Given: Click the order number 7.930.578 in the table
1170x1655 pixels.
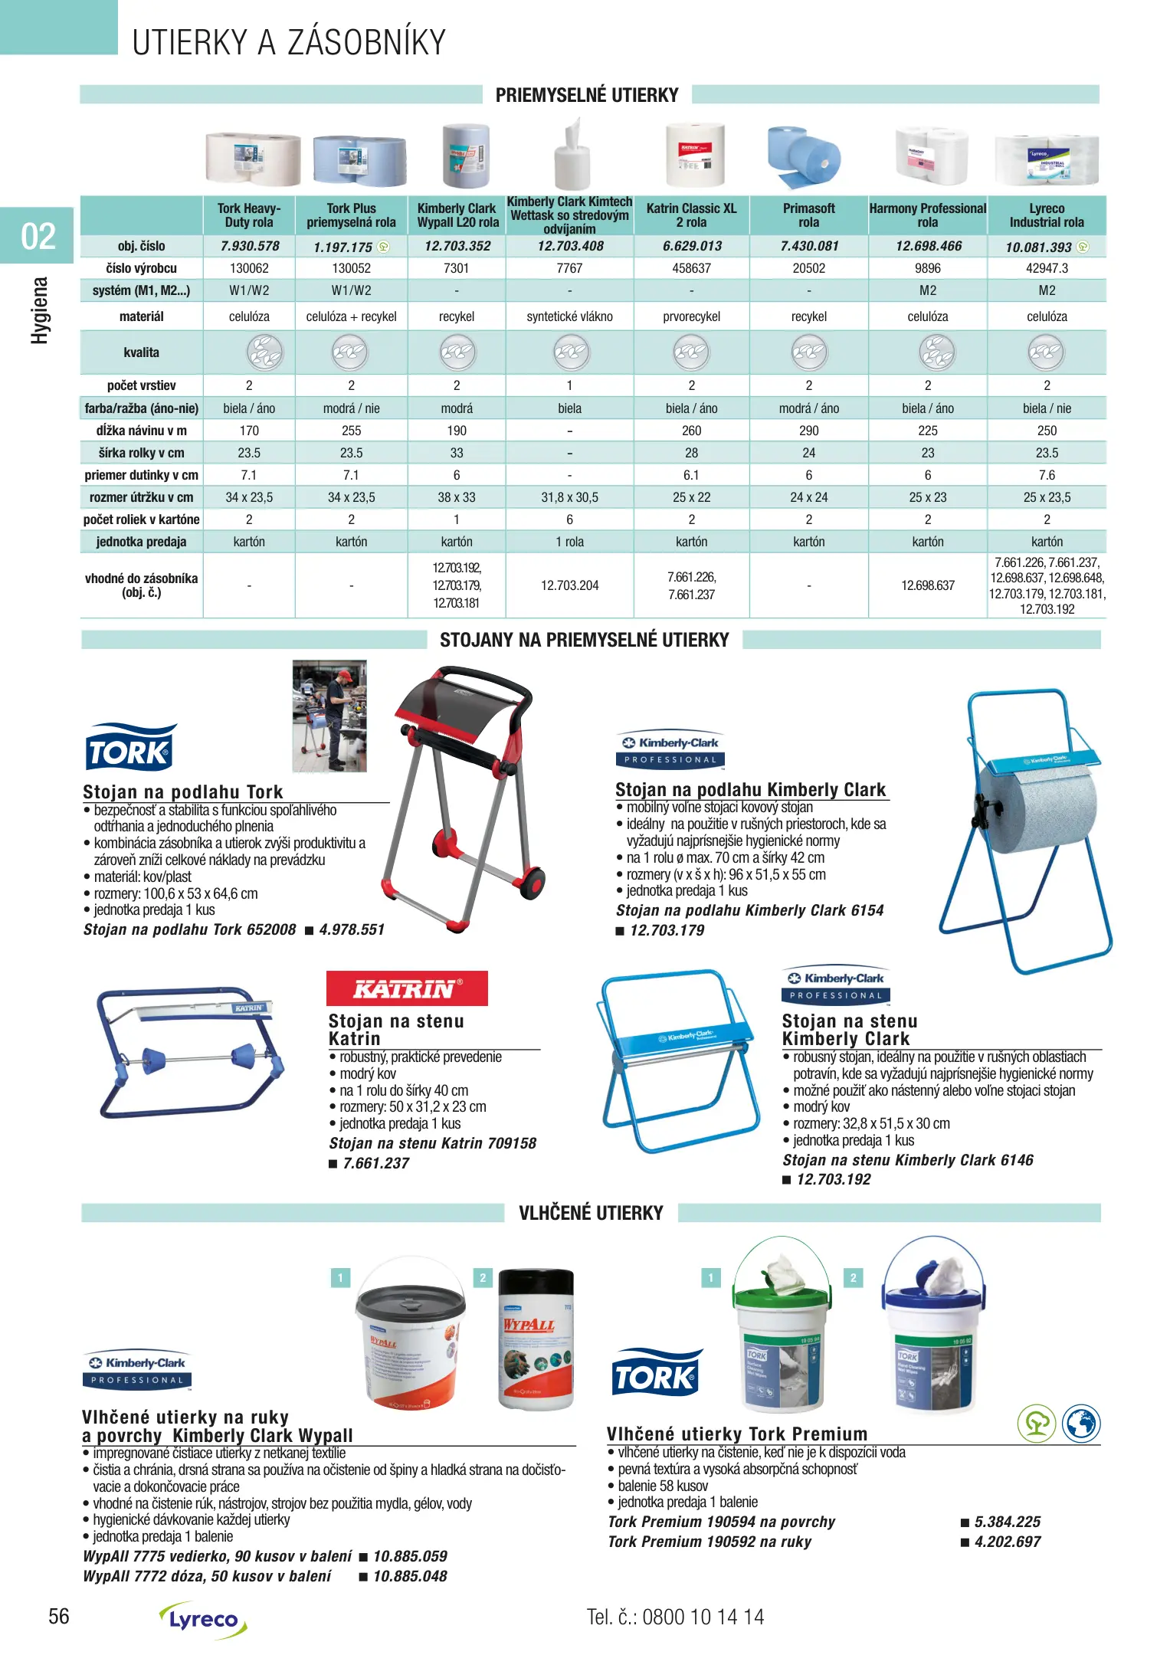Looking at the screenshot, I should point(249,246).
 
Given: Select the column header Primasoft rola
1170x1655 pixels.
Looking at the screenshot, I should point(808,215).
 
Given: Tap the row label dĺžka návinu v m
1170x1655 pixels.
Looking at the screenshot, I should point(141,431).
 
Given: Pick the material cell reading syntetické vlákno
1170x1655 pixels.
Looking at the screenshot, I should point(569,316).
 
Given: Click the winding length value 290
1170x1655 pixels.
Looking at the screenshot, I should point(808,431).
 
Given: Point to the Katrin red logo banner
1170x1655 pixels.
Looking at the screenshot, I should point(407,988).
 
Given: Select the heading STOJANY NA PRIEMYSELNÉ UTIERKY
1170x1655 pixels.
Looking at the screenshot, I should point(584,640).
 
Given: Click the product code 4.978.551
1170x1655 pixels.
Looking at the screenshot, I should point(352,929).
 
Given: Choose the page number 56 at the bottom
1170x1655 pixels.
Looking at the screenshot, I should point(59,1617).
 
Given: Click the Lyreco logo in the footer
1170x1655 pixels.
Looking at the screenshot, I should point(204,1619).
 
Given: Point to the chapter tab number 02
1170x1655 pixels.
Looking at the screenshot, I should point(38,236).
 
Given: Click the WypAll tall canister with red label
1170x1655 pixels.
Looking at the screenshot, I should point(536,1340).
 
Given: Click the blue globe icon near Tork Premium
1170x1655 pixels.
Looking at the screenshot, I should point(1080,1424).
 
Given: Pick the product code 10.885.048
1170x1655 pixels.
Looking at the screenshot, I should point(410,1576).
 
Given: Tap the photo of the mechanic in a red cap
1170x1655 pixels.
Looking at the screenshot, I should point(330,716).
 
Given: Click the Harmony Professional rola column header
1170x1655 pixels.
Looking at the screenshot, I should point(927,215).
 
